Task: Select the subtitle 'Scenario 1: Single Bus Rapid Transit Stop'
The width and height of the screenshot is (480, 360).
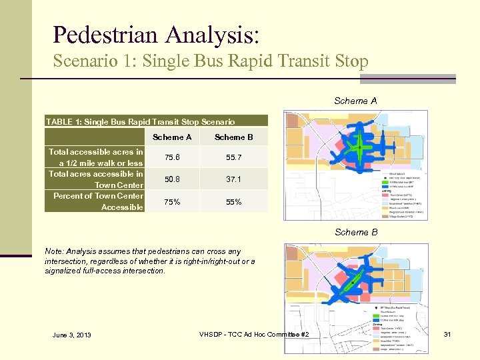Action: click(211, 62)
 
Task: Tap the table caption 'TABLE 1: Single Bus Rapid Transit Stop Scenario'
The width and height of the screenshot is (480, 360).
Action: click(140, 121)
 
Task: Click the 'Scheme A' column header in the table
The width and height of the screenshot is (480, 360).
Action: click(172, 137)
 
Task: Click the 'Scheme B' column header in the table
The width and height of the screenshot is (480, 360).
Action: click(233, 137)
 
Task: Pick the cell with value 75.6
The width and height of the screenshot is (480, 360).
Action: click(172, 158)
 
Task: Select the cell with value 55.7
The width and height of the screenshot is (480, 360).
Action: click(233, 158)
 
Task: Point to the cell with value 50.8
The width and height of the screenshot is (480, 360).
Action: click(172, 180)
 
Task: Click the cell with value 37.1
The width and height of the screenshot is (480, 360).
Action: click(233, 180)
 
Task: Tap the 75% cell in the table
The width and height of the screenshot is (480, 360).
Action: click(172, 202)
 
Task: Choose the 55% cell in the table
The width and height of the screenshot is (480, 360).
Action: click(233, 202)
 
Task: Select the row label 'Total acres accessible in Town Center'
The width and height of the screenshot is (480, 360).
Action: click(96, 179)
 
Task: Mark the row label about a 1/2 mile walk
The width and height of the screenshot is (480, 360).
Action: click(96, 157)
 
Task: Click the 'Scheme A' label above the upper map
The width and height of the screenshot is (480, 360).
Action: click(355, 101)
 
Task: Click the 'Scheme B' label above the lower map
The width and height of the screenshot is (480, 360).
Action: click(355, 233)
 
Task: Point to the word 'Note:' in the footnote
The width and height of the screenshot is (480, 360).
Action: click(55, 251)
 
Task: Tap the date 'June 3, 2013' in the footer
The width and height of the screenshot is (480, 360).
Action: click(71, 335)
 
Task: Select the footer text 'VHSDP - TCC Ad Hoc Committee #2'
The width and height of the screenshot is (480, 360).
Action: click(259, 333)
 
